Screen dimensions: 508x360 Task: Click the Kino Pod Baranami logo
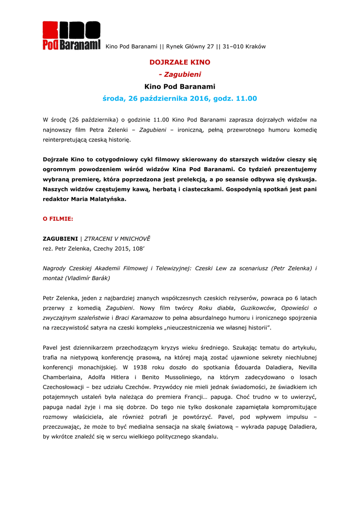tap(72, 36)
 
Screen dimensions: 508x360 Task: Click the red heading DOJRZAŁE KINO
tap(180, 62)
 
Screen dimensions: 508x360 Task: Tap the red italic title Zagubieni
tap(180, 74)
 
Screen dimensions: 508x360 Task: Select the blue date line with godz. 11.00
tap(180, 98)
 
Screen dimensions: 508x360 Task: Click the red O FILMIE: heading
tap(58, 218)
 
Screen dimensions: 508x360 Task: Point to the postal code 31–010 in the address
tap(234, 47)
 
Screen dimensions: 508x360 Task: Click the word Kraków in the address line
tap(256, 47)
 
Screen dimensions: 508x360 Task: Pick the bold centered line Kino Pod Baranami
tap(180, 86)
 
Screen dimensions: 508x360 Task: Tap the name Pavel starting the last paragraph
tap(51, 348)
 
